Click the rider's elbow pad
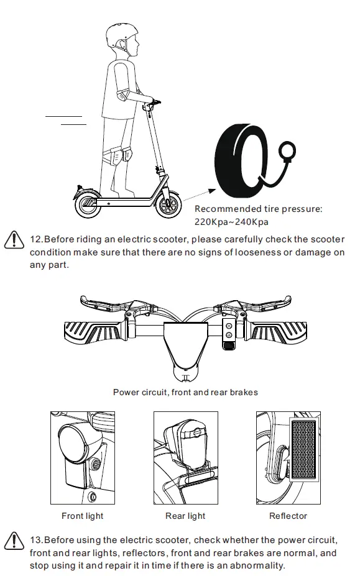click(122, 96)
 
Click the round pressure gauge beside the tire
click(288, 150)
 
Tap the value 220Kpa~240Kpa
click(232, 221)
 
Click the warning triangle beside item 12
click(14, 240)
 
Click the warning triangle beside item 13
click(14, 540)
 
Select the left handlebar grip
click(91, 332)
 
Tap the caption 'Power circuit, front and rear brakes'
click(185, 392)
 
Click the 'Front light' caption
click(82, 516)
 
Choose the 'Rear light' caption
click(185, 516)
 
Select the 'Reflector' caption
click(288, 516)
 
